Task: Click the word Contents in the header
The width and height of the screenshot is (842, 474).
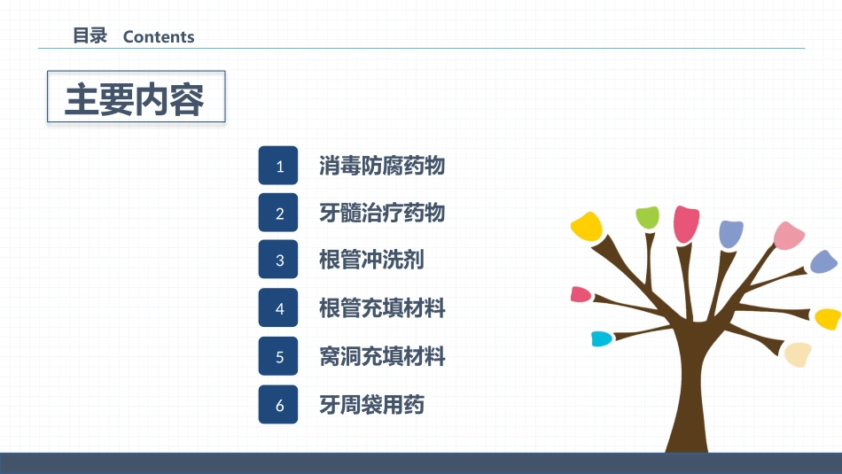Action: coord(159,36)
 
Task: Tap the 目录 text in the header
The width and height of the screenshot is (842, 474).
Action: coord(90,36)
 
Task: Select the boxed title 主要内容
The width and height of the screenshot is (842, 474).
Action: coord(136,97)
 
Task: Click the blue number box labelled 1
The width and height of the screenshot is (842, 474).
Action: coord(278,166)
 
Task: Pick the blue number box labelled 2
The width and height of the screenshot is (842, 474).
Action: coord(278,213)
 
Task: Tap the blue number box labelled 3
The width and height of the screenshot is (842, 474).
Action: coord(278,260)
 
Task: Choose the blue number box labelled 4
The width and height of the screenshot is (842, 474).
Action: coord(278,307)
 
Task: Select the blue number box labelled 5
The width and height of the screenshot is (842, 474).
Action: coord(278,356)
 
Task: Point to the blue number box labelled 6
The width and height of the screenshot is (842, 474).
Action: coord(278,404)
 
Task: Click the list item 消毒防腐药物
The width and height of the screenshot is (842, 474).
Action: coord(382,166)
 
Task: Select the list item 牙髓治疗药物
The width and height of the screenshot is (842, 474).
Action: coord(382,213)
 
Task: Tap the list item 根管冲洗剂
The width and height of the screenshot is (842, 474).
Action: coord(371,260)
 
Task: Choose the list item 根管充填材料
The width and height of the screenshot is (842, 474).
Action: coord(382,308)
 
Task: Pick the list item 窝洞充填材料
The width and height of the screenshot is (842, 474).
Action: coord(382,356)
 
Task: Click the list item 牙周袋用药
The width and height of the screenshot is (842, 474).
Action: coord(371,405)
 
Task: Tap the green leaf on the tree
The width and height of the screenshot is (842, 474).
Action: coord(647,217)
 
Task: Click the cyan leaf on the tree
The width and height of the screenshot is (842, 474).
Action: coord(602,338)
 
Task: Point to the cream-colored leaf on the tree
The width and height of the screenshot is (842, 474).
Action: coord(798,354)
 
